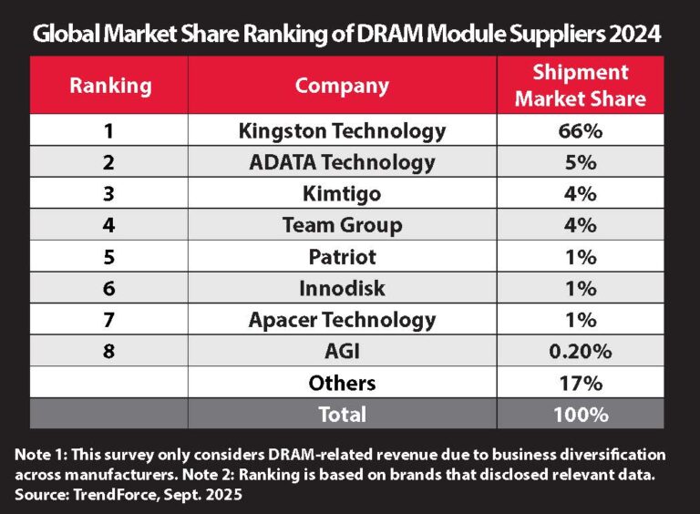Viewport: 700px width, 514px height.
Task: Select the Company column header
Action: point(342,86)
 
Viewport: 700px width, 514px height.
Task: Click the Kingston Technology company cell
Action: point(342,131)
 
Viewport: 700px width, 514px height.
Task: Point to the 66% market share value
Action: point(580,131)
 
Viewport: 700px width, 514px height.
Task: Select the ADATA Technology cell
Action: point(342,163)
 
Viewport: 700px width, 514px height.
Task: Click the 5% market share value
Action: point(580,163)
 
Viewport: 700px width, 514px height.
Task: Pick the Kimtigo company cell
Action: point(342,194)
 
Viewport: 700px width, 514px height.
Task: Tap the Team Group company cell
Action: point(342,225)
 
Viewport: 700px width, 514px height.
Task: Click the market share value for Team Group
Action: point(580,225)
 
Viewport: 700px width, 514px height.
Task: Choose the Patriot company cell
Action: point(342,257)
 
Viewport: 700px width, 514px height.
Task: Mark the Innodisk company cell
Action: point(342,288)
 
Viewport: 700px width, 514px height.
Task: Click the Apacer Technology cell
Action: point(342,320)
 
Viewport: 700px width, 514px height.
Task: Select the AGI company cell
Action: point(342,351)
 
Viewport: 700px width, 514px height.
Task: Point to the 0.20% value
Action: point(580,351)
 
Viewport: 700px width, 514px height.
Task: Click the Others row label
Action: point(342,383)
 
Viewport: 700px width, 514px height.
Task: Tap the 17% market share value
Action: point(580,383)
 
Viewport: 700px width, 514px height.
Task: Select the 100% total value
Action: point(580,414)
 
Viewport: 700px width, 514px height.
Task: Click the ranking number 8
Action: point(109,351)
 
